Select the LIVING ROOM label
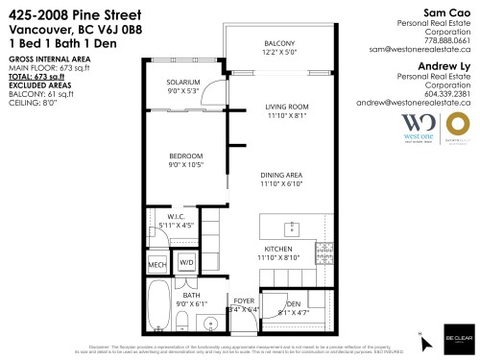tap(286, 106)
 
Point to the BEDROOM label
tap(186, 156)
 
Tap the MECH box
tap(157, 263)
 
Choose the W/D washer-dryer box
tap(185, 262)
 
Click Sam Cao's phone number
tap(448, 41)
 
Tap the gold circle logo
tap(459, 127)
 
